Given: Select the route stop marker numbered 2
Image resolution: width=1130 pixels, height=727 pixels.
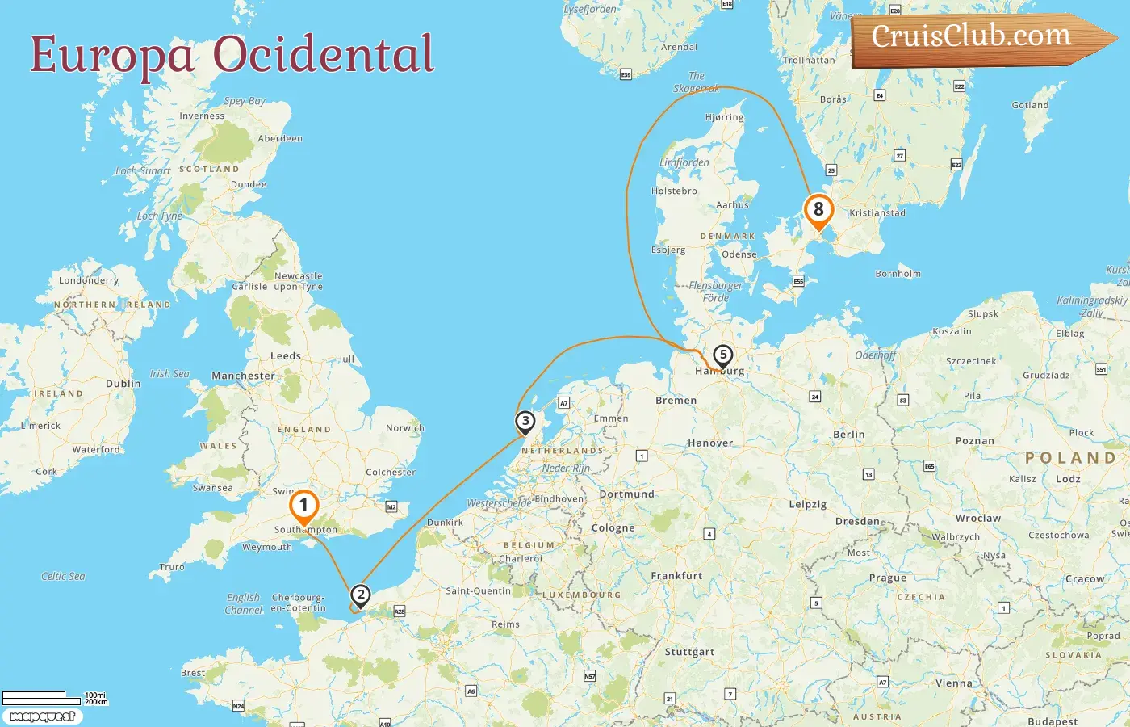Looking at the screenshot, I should (360, 596).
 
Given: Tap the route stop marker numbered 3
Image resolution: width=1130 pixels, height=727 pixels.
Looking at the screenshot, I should (525, 421).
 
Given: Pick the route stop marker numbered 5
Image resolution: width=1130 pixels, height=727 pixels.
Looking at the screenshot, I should (722, 355).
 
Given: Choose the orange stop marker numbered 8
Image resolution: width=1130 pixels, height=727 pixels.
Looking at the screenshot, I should (818, 210).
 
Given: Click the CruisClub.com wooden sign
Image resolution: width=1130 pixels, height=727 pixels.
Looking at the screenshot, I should (972, 37).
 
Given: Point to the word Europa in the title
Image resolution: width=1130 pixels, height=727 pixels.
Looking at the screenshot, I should (112, 55).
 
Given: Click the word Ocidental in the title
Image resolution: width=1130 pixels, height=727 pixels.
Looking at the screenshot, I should (324, 54).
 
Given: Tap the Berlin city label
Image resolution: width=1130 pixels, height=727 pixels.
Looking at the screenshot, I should (848, 435).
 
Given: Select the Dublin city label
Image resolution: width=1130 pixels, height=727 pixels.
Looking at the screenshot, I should (123, 384).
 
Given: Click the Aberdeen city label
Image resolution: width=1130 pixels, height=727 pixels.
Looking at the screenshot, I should (280, 139).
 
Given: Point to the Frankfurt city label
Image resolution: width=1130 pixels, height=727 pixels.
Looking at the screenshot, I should (676, 576).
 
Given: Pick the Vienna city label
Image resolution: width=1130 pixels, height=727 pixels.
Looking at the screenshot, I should (953, 683).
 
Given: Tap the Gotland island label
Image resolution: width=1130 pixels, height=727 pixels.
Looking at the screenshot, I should (1030, 105).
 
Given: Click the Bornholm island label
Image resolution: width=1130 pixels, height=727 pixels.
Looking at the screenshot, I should (898, 274).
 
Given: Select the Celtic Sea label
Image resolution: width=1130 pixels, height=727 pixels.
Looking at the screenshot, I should (63, 577).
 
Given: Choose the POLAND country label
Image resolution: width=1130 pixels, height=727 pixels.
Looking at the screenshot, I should (1070, 458).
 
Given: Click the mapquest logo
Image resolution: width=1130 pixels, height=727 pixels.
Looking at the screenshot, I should (43, 716).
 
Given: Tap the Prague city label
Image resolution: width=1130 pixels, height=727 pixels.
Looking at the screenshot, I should (888, 578).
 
